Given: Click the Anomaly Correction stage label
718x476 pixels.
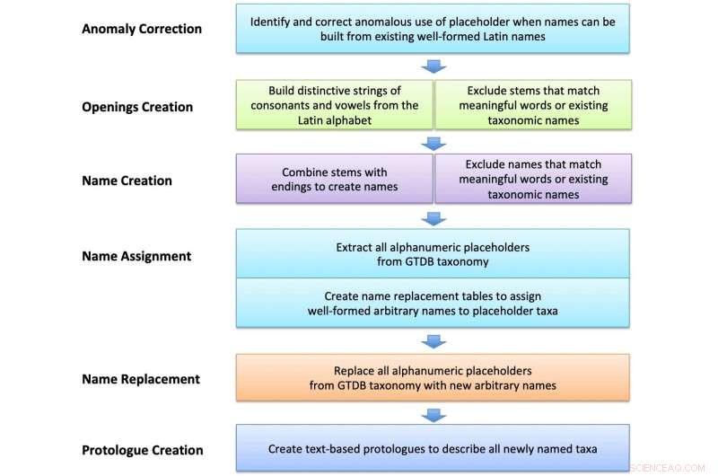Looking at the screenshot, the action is pyautogui.click(x=142, y=29).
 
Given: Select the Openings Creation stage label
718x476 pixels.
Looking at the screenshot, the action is pyautogui.click(x=137, y=107).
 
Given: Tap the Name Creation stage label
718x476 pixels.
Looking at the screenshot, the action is pyautogui.click(x=127, y=181).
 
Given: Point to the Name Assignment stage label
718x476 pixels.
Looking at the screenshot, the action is pyautogui.click(x=136, y=256).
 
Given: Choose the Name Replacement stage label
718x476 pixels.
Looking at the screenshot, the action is pyautogui.click(x=141, y=379).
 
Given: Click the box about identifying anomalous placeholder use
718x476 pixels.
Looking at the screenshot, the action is pyautogui.click(x=433, y=29).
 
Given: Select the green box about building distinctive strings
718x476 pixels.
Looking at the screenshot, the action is pyautogui.click(x=334, y=105).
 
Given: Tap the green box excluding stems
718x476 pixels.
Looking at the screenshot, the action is pyautogui.click(x=533, y=105).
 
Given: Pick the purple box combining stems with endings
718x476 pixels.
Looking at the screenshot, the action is pyautogui.click(x=334, y=179).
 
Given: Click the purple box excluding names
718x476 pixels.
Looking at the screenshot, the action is pyautogui.click(x=533, y=179).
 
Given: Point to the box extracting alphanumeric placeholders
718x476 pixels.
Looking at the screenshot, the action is pyautogui.click(x=433, y=254).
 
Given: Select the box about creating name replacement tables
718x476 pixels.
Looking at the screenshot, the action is pyautogui.click(x=433, y=303).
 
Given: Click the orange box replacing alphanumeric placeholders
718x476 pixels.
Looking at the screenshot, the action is pyautogui.click(x=433, y=377).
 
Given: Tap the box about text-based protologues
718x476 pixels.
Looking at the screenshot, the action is pyautogui.click(x=433, y=448).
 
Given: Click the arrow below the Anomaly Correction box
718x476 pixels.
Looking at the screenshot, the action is pyautogui.click(x=433, y=66).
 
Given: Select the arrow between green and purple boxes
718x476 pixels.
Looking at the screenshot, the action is pyautogui.click(x=433, y=144).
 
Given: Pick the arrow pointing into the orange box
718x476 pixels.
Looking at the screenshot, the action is pyautogui.click(x=433, y=342).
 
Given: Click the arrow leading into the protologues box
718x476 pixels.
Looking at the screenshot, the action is pyautogui.click(x=433, y=415).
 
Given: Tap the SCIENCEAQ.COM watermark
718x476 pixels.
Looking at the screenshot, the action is pyautogui.click(x=668, y=468).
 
